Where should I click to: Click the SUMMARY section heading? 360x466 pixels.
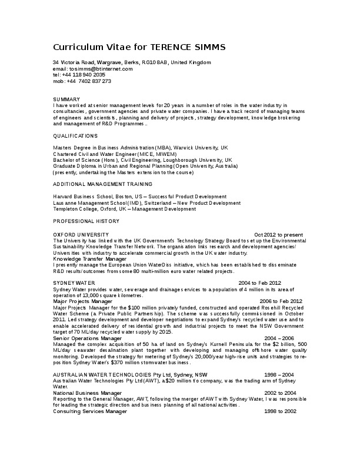pyautogui.click(x=66, y=99)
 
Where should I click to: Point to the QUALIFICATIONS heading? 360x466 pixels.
pyautogui.click(x=75, y=135)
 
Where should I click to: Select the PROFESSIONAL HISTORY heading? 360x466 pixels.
pyautogui.click(x=86, y=221)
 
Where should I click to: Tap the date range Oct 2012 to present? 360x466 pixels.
pyautogui.click(x=278, y=234)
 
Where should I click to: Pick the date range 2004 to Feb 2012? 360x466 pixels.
pyautogui.click(x=259, y=283)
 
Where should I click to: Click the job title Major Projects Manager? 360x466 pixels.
pyautogui.click(x=82, y=301)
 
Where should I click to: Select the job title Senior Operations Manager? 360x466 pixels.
pyautogui.click(x=87, y=338)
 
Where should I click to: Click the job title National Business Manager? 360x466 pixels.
pyautogui.click(x=87, y=393)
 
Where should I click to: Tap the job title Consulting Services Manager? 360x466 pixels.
pyautogui.click(x=90, y=411)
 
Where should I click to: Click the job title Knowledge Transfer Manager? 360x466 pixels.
pyautogui.click(x=89, y=259)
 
